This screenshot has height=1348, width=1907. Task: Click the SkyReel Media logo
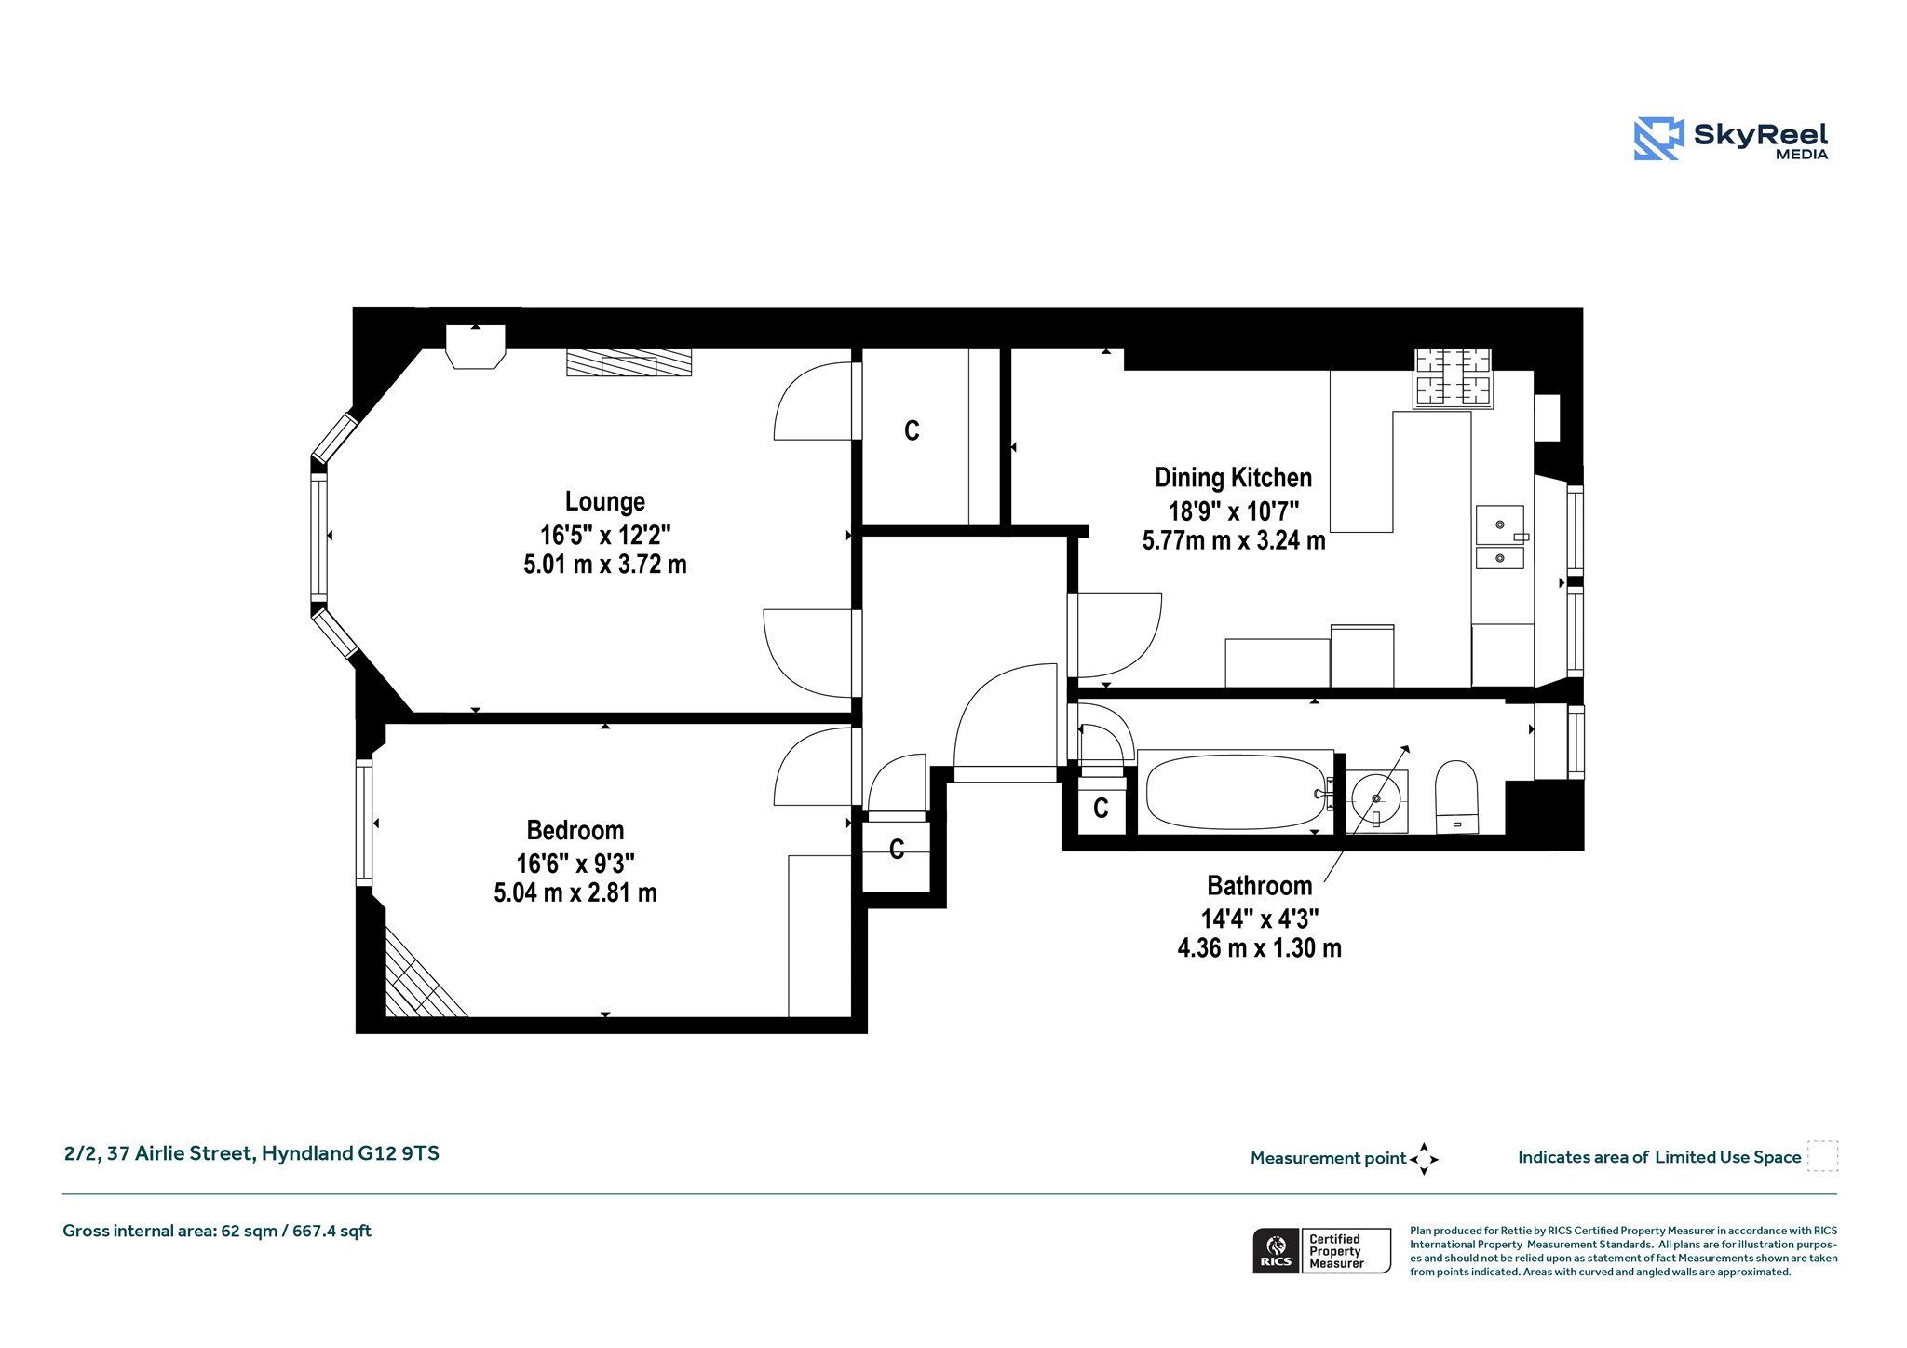coord(1731,139)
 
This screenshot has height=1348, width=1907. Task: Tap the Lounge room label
coord(605,501)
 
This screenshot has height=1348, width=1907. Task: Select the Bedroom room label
coord(575,830)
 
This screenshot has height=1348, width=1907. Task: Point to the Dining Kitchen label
coord(1233,478)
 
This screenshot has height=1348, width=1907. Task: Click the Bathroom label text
coord(1259,885)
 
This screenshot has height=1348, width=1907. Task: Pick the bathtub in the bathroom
coord(1236,792)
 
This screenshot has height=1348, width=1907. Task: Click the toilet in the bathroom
coord(1457,797)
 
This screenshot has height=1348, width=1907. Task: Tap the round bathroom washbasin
coord(1376,798)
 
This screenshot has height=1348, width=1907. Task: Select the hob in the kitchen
coord(1454,378)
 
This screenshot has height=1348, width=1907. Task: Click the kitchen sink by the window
coord(1500,537)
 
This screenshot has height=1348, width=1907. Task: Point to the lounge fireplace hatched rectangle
coord(629,362)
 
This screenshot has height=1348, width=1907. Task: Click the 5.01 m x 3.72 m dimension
coord(605,565)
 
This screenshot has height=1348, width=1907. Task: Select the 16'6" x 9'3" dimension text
coord(575,864)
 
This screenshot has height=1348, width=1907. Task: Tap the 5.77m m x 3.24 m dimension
coord(1234,541)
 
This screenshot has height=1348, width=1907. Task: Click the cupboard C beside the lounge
coord(912,430)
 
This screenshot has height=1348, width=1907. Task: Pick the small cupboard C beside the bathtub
coord(1101,809)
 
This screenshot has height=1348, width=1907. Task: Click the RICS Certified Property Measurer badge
coord(1322,1251)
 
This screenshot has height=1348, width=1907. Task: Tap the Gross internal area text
coord(217,1232)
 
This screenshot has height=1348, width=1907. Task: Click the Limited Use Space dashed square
coord(1822,1156)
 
